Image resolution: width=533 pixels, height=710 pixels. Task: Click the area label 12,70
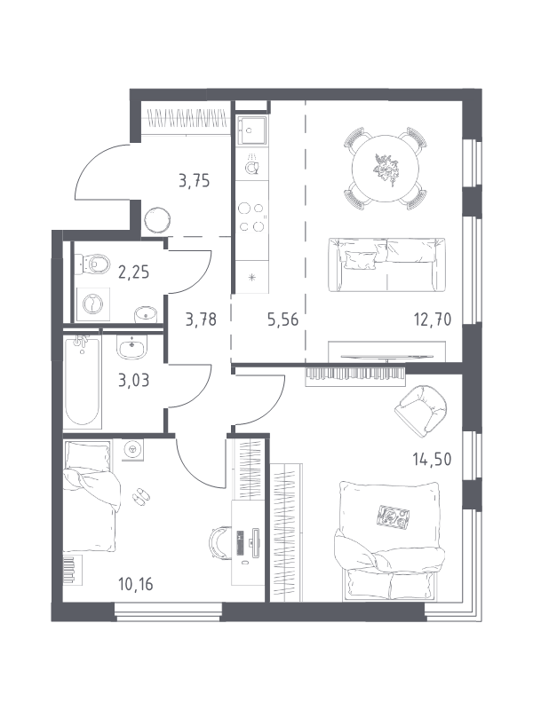[433, 319]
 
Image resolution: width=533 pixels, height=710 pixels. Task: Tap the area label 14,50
[432, 460]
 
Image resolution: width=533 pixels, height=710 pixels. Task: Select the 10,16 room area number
[136, 584]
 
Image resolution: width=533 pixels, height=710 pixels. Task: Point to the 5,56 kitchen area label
[282, 319]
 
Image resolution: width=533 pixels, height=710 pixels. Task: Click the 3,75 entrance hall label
[194, 181]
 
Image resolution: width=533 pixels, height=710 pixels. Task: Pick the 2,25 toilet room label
[133, 272]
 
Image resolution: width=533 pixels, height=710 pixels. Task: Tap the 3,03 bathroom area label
[134, 381]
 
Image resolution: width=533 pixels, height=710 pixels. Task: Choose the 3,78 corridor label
[201, 319]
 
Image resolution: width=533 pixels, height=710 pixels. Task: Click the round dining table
[386, 169]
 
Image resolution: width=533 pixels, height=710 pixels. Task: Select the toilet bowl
[93, 263]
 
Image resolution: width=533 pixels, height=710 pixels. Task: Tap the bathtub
[82, 381]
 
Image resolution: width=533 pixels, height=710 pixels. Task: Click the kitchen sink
[251, 130]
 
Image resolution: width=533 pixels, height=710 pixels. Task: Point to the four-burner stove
[252, 217]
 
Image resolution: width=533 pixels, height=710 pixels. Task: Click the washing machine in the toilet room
[93, 304]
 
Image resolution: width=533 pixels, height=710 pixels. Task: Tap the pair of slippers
[142, 495]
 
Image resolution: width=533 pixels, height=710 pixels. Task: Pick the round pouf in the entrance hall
[157, 220]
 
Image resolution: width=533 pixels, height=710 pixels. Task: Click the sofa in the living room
[386, 264]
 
